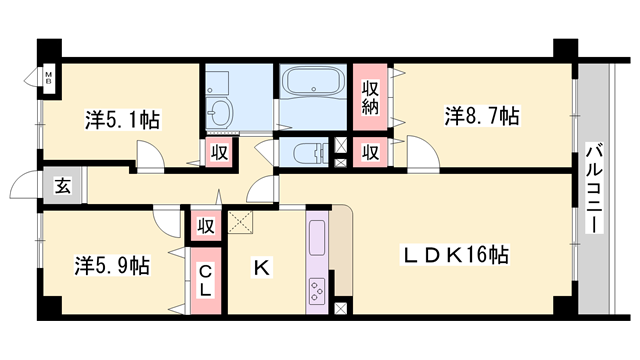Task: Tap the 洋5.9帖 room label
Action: click(x=112, y=266)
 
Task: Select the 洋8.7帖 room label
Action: click(x=481, y=116)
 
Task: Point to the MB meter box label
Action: click(x=47, y=77)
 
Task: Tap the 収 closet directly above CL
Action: click(x=206, y=225)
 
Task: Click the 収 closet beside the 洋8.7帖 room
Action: click(x=369, y=152)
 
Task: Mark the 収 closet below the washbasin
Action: click(x=219, y=153)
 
